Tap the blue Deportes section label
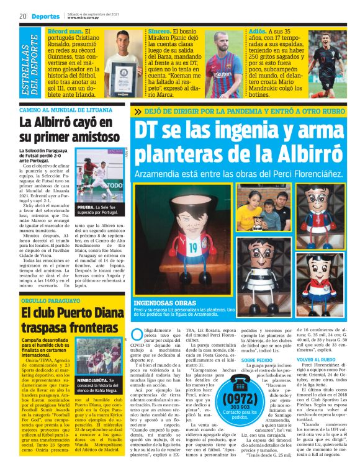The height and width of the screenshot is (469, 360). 45,16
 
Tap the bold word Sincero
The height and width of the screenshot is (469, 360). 161,30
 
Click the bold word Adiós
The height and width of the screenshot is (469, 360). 261,30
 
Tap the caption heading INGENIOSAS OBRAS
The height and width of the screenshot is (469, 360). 163,303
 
